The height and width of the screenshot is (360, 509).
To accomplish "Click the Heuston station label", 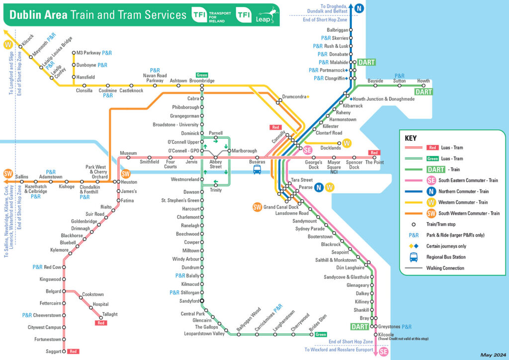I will pos(129,182).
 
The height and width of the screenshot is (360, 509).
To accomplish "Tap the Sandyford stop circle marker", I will pos(202,301).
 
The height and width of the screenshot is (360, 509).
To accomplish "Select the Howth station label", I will pos(424,81).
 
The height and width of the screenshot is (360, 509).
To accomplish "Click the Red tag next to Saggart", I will pos(73,352).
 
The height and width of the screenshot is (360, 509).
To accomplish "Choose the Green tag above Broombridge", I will pos(202,75).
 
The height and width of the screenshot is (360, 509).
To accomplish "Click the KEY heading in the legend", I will pos(411,138).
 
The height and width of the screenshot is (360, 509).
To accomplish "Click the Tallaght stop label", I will pos(110,314).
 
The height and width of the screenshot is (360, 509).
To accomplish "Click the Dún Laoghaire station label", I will pos(353,268).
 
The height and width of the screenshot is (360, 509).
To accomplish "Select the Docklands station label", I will pos(331,148).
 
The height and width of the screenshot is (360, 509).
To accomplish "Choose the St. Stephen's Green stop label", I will pos(180,200).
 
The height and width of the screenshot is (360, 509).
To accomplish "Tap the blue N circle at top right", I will pos(357,8).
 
